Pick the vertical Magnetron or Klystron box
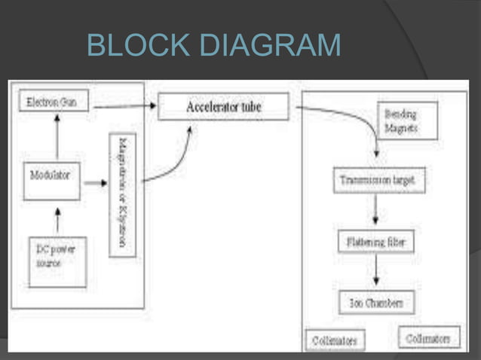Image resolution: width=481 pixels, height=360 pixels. click(x=122, y=194)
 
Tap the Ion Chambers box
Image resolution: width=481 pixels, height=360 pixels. click(x=375, y=303)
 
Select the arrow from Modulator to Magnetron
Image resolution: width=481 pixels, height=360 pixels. click(x=93, y=183)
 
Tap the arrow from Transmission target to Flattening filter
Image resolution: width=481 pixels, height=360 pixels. click(x=375, y=212)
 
